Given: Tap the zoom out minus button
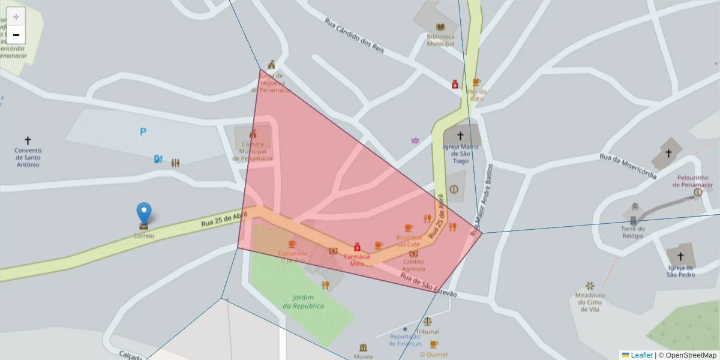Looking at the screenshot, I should click(x=16, y=35).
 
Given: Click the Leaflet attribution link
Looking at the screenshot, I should click(x=641, y=355).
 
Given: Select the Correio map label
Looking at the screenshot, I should click(x=143, y=236).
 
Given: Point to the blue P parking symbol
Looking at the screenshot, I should click(x=143, y=132).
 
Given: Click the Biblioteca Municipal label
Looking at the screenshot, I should click(x=440, y=40).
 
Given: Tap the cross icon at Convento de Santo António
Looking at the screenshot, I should click(x=28, y=140).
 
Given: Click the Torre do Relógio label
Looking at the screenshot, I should click(x=633, y=232).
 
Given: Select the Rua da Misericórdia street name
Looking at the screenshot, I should click(x=628, y=166).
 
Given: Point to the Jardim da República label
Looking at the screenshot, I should click(x=304, y=301).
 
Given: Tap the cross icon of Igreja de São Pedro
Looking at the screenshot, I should click(x=680, y=256).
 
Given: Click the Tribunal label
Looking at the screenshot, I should click(x=427, y=331).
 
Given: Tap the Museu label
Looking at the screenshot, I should click(x=363, y=356).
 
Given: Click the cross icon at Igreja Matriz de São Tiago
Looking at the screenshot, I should click(x=460, y=136).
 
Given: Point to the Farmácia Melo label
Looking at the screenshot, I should click(x=357, y=260).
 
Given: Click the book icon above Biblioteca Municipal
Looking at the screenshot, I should click(x=440, y=27).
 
